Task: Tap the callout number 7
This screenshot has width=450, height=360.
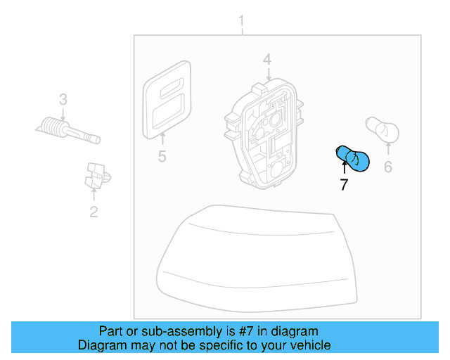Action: click(344, 186)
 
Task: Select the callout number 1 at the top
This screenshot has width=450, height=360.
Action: click(241, 20)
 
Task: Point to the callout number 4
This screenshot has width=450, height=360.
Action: click(267, 60)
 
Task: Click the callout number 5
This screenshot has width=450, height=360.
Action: click(162, 156)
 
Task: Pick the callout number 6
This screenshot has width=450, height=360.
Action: click(387, 167)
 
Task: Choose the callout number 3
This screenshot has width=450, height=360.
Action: click(63, 100)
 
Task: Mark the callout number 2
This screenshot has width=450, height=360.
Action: click(94, 211)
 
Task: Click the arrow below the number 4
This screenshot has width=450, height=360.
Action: click(267, 74)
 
